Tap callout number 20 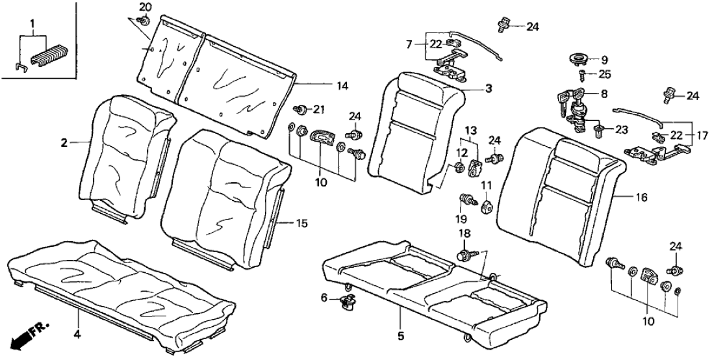click(146, 7)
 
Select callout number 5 click(401, 337)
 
